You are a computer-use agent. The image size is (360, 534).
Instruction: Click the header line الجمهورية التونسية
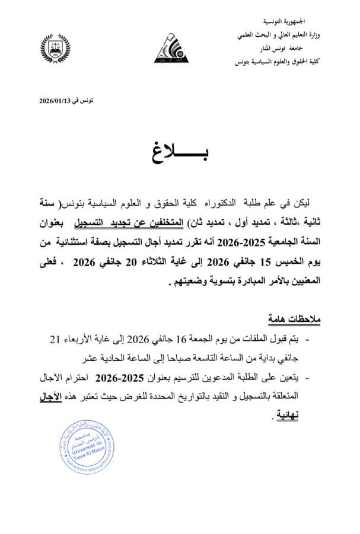click(x=297, y=21)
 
